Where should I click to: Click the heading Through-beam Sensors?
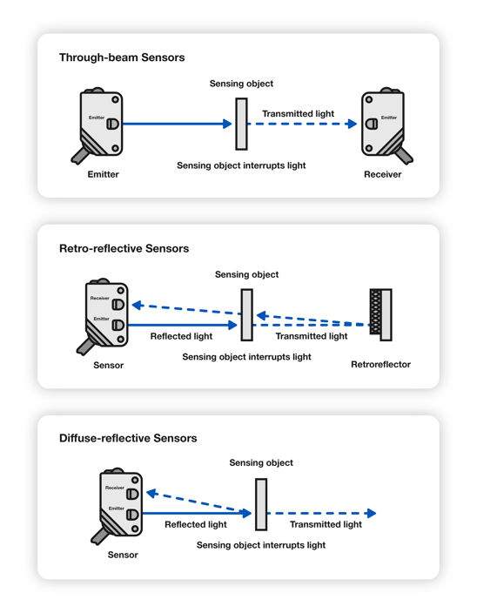122,57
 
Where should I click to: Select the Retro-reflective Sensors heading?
124,248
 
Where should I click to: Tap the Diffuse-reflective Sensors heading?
128,438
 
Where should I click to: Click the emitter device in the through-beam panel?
100,124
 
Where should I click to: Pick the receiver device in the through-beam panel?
383,124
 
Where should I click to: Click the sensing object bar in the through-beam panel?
241,124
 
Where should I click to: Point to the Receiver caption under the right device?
383,174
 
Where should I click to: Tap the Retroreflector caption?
380,364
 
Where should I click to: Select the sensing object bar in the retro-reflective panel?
247,314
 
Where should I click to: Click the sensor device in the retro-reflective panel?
104,315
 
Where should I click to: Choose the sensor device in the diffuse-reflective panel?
119,505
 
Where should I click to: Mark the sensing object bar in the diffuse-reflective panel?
261,504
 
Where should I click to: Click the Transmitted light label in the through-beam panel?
299,113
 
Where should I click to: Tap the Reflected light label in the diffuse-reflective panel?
196,524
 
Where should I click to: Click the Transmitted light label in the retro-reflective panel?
312,335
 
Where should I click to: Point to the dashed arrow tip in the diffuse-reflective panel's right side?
372,514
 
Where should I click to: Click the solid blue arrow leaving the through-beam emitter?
174,124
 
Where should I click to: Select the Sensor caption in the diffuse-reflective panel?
123,555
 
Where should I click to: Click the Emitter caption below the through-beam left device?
103,174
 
